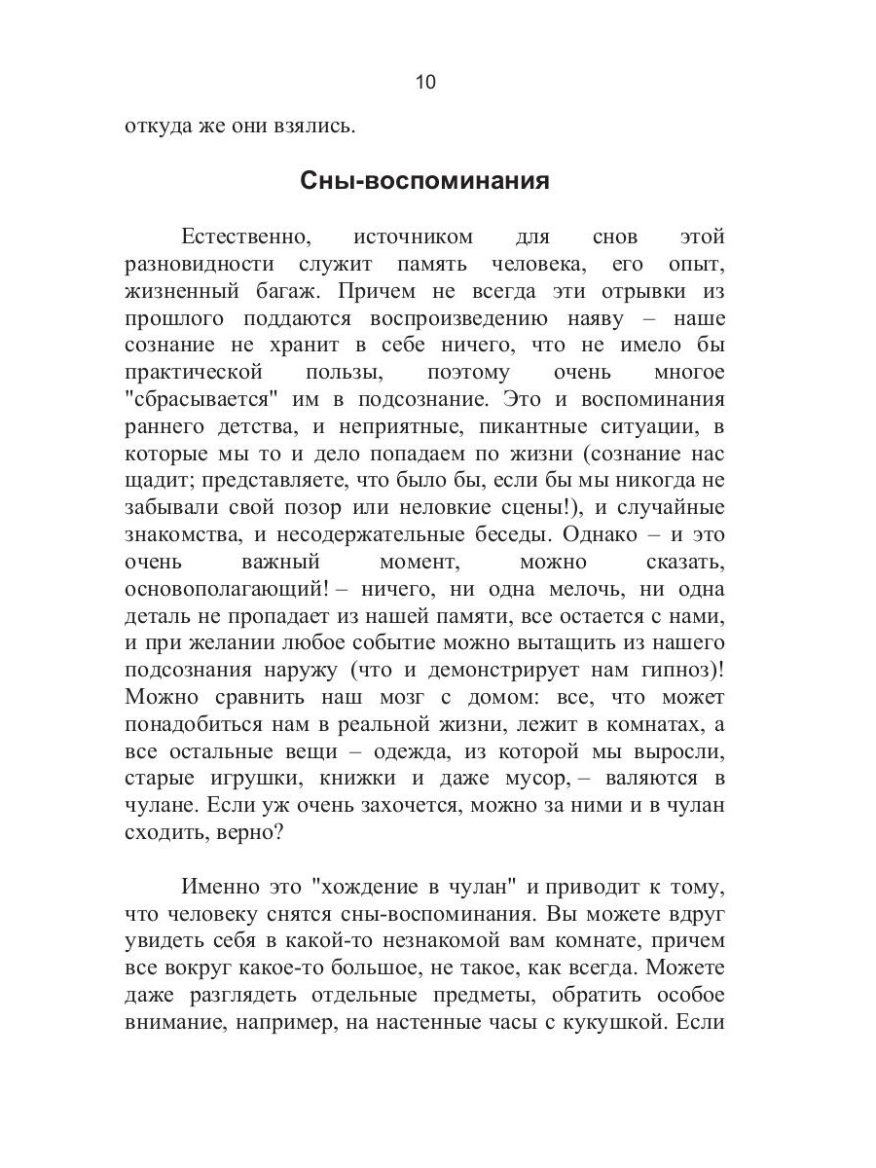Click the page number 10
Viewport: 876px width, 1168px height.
(425, 82)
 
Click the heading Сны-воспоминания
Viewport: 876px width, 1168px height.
(437, 181)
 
